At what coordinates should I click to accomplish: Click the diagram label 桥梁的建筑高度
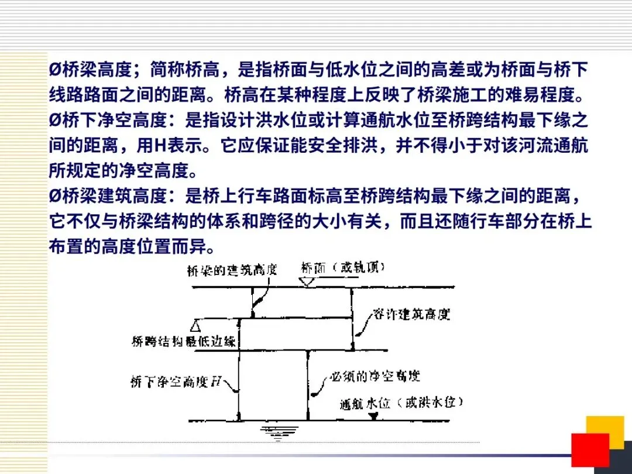tap(231, 270)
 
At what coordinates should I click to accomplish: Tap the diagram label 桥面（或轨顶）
tap(344, 268)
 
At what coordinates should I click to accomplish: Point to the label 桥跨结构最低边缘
tap(184, 341)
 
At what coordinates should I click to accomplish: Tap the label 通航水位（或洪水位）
tap(402, 403)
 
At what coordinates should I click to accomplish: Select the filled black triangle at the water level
tap(373, 416)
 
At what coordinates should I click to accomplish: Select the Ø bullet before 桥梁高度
tap(54, 70)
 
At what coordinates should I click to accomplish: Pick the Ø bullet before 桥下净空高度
tap(54, 121)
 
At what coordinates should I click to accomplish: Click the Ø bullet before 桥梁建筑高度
tap(54, 197)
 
